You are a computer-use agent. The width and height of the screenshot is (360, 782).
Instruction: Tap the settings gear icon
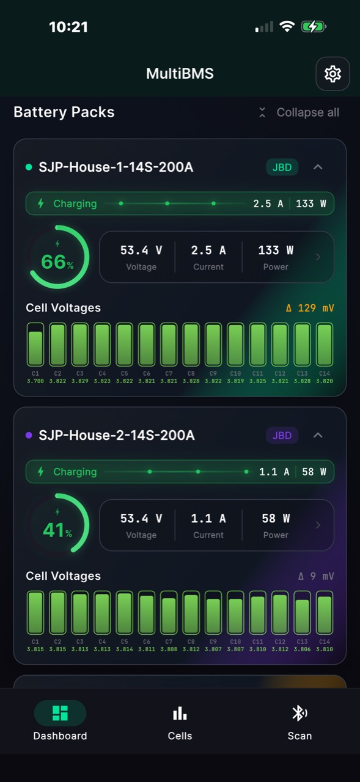332,74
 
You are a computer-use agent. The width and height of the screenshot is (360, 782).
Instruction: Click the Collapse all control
299,112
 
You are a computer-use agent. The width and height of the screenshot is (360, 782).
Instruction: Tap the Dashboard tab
60,721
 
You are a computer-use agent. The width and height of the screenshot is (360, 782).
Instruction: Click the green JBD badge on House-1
282,167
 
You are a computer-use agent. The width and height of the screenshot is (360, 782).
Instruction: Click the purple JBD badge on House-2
282,436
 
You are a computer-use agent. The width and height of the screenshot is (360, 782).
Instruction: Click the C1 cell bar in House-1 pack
35,344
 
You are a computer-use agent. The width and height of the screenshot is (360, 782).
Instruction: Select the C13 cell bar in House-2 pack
302,612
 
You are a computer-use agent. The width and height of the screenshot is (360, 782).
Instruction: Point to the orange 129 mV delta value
310,308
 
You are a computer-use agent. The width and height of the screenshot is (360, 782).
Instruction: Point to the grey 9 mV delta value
316,576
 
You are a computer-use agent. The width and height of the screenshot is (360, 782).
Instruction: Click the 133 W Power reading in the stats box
276,257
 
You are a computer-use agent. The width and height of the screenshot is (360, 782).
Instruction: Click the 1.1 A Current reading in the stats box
208,525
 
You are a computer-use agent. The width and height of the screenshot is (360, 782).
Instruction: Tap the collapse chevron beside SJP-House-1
318,167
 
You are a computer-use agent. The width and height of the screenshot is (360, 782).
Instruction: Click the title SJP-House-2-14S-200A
117,436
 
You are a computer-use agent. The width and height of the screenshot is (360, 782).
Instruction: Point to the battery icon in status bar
314,26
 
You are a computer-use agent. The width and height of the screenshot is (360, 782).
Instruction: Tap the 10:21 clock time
68,27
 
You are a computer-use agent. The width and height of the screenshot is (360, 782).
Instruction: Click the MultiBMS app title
180,74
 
